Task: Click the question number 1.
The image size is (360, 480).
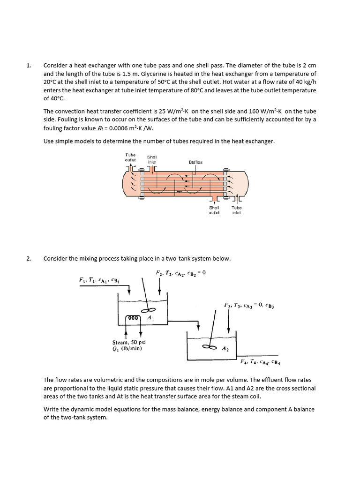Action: [28, 66]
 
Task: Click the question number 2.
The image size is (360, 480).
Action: [29, 258]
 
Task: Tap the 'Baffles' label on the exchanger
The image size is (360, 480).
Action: [195, 162]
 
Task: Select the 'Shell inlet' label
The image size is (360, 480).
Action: [152, 159]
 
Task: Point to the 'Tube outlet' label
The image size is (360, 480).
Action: [130, 157]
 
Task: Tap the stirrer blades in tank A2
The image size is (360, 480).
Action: [209, 347]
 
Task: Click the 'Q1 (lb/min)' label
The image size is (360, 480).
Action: [127, 348]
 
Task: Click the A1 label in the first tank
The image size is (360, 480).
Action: [150, 318]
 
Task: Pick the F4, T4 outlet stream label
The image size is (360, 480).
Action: [260, 361]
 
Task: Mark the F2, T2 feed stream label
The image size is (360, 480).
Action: [180, 272]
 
